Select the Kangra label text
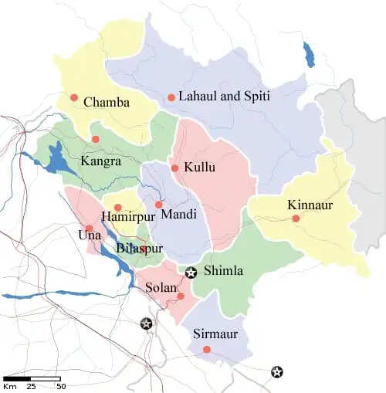100,162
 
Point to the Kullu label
200,168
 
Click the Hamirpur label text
128,217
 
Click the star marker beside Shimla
191,272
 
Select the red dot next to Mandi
159,205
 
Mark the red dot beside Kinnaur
296,219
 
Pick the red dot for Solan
181,296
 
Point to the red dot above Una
90,228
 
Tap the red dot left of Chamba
74,97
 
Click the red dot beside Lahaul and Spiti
171,97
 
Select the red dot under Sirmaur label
206,350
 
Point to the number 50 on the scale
59,386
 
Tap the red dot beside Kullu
175,168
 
